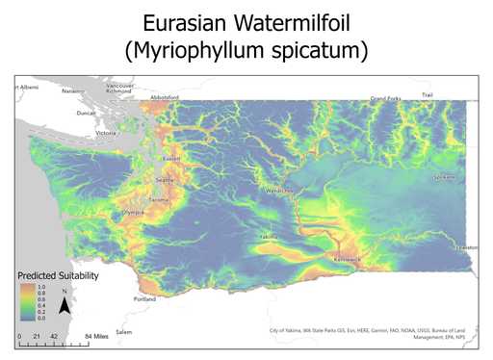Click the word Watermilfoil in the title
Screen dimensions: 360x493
(x=293, y=19)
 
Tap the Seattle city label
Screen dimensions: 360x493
(x=165, y=180)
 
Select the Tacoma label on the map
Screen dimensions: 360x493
(x=159, y=199)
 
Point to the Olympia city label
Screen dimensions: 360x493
(x=132, y=212)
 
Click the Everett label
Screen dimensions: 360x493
(x=171, y=159)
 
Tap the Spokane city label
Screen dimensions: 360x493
(x=445, y=178)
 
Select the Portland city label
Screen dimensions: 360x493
(x=146, y=298)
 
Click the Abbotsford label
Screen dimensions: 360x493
(x=166, y=98)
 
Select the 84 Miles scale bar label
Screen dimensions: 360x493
(x=94, y=337)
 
